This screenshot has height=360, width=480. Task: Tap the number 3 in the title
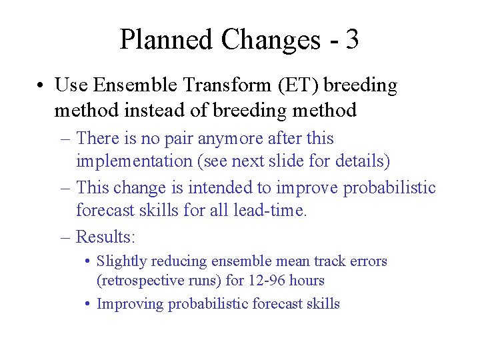pyautogui.click(x=353, y=40)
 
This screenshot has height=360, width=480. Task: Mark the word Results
pyautogui.click(x=105, y=237)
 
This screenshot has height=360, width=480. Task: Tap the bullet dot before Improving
pyautogui.click(x=88, y=304)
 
